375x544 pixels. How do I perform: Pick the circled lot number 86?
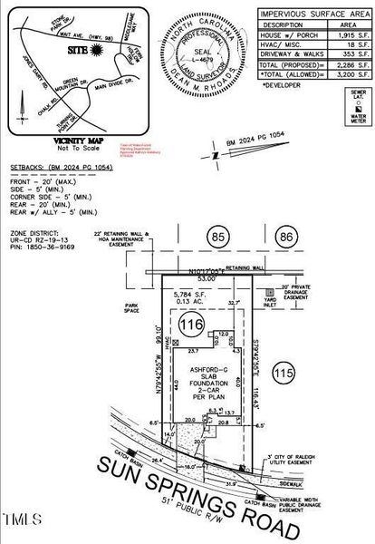coord(288,238)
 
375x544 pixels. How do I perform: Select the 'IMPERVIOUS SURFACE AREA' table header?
coord(310,15)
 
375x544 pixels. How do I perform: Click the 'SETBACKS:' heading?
coord(24,168)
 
